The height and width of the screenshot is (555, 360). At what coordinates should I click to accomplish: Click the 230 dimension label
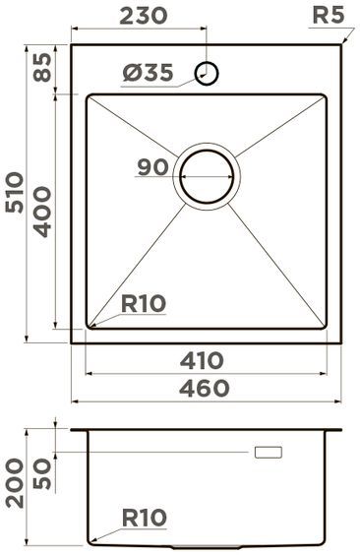(x=145, y=16)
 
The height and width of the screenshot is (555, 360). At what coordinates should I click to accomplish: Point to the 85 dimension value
(x=39, y=68)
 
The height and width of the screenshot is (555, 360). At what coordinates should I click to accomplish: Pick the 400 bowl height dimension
(x=40, y=212)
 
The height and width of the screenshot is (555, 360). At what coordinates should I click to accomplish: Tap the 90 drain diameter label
(x=152, y=167)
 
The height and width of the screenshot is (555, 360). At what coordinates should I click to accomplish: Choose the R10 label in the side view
(x=145, y=517)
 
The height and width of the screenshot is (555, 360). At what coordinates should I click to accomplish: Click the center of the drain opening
(x=207, y=177)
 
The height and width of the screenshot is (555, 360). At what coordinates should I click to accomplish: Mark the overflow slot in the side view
(x=268, y=452)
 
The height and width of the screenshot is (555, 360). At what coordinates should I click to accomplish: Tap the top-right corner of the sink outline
(x=340, y=43)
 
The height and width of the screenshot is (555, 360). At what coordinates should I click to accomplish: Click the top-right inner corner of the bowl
(x=323, y=96)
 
